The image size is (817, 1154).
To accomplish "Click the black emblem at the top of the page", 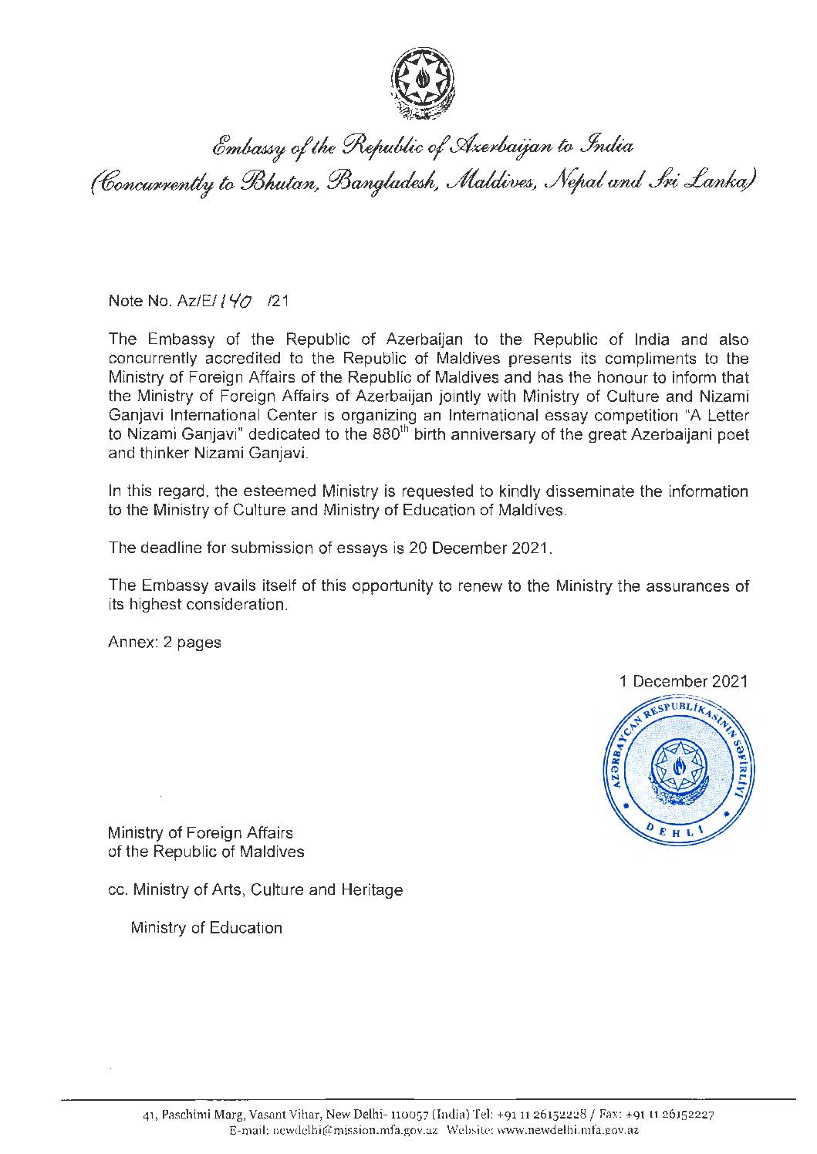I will point(424,84).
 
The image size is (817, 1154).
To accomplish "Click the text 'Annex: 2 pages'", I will point(164,643).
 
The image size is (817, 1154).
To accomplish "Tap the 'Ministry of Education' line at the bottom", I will point(207,927).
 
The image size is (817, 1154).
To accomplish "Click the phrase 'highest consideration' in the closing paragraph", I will point(206,605).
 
